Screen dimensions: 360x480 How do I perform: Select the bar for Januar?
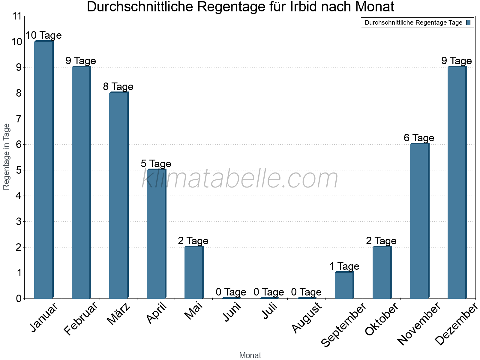pos(43,170)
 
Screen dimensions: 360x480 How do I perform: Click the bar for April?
pos(156,234)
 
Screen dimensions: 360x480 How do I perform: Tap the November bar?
pos(419,221)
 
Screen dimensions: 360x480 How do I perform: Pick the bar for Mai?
pos(194,272)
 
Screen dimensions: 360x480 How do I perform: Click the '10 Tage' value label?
pos(43,35)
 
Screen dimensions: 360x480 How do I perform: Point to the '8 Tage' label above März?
pos(118,87)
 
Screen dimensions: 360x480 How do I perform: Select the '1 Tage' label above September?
pos(344,266)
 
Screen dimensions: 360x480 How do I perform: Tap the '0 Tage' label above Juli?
pos(269,292)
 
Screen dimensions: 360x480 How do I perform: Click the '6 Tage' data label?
pos(419,138)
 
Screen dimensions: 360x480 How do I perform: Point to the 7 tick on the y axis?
pos(19,119)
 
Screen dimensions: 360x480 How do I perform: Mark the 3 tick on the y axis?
pos(19,222)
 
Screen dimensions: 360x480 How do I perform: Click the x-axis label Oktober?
pos(382,319)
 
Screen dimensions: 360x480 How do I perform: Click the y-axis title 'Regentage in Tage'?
pos(6,157)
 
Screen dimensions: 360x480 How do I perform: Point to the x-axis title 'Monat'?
pos(250,355)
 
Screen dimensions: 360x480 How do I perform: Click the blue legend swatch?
pos(468,22)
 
